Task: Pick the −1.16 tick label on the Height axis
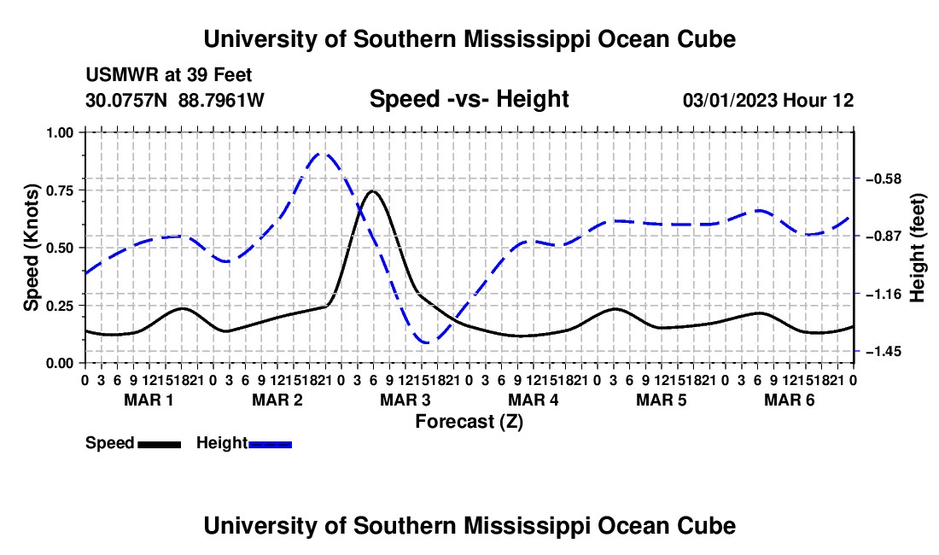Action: (884, 294)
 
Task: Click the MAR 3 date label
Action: (405, 400)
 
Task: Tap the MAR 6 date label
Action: (790, 400)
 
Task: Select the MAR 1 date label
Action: (149, 400)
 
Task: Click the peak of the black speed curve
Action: (372, 191)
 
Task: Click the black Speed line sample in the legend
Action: (160, 444)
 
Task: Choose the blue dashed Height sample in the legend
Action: (270, 444)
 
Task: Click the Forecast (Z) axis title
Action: (469, 422)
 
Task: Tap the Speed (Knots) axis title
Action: (31, 248)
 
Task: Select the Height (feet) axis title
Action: (917, 248)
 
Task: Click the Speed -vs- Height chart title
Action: (469, 99)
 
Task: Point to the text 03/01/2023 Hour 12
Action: (768, 100)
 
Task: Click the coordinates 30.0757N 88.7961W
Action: (175, 100)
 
